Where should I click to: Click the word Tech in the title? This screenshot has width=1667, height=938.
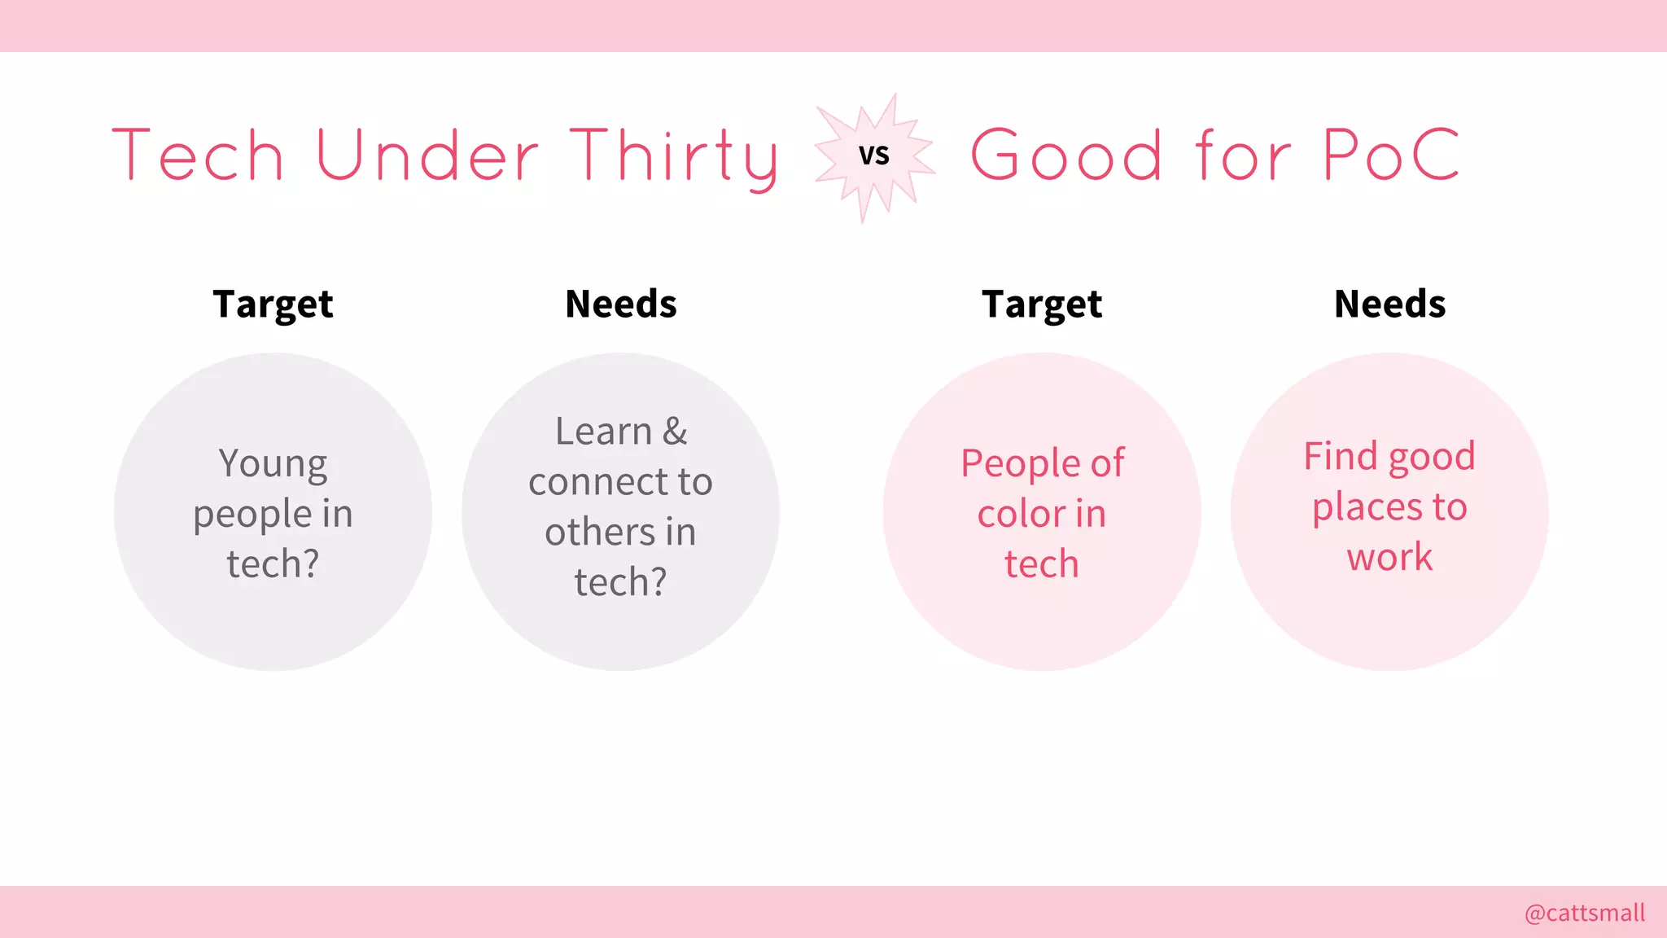tap(198, 155)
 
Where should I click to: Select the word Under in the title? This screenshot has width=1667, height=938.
tap(427, 155)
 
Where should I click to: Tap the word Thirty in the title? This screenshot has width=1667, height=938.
tap(673, 156)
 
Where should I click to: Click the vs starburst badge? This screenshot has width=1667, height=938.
tap(874, 156)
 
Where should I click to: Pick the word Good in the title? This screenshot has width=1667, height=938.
tap(1066, 155)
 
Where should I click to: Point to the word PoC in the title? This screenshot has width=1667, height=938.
tap(1391, 155)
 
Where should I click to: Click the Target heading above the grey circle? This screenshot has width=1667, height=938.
tap(273, 305)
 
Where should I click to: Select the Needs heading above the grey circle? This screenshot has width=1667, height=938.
tap(621, 304)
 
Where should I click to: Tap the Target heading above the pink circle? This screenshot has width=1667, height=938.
tap(1042, 305)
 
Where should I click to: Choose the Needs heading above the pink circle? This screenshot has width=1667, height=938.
tap(1389, 304)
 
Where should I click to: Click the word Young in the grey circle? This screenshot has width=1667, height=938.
tap(273, 464)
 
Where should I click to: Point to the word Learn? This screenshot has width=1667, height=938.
tap(603, 432)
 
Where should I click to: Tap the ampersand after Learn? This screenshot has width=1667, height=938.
tap(675, 432)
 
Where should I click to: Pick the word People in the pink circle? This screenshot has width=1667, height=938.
tap(1020, 464)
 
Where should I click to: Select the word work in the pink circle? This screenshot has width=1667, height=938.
tap(1389, 558)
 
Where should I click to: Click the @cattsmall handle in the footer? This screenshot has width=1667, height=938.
tap(1584, 913)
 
